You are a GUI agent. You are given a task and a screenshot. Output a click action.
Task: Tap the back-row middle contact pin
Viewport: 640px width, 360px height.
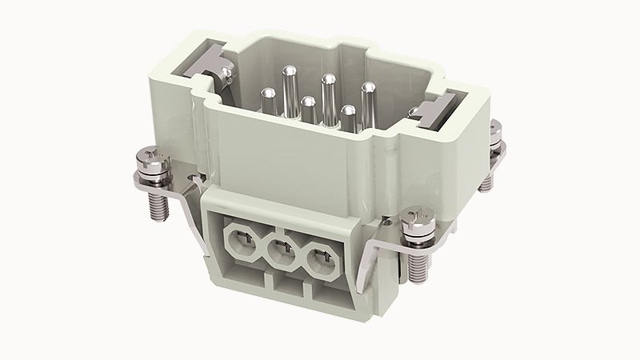[x=327, y=80]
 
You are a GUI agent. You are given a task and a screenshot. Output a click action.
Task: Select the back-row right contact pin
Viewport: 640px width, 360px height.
[x=368, y=88]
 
